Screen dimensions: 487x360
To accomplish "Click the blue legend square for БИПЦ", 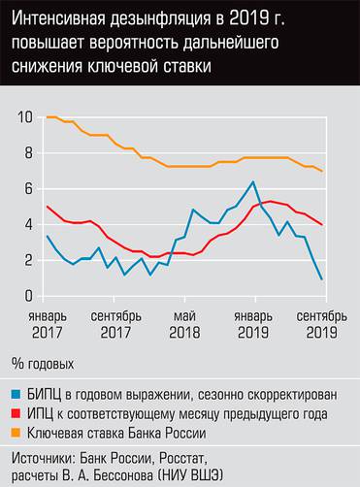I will coord(17,393).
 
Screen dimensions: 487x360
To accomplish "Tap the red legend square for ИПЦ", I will coord(17,412).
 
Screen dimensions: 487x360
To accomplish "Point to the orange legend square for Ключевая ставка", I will coord(17,431).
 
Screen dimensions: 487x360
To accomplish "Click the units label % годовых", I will coord(46,364).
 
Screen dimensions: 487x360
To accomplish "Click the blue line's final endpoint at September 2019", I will coord(322,279).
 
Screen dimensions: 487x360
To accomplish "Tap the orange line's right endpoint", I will coord(322,171).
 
